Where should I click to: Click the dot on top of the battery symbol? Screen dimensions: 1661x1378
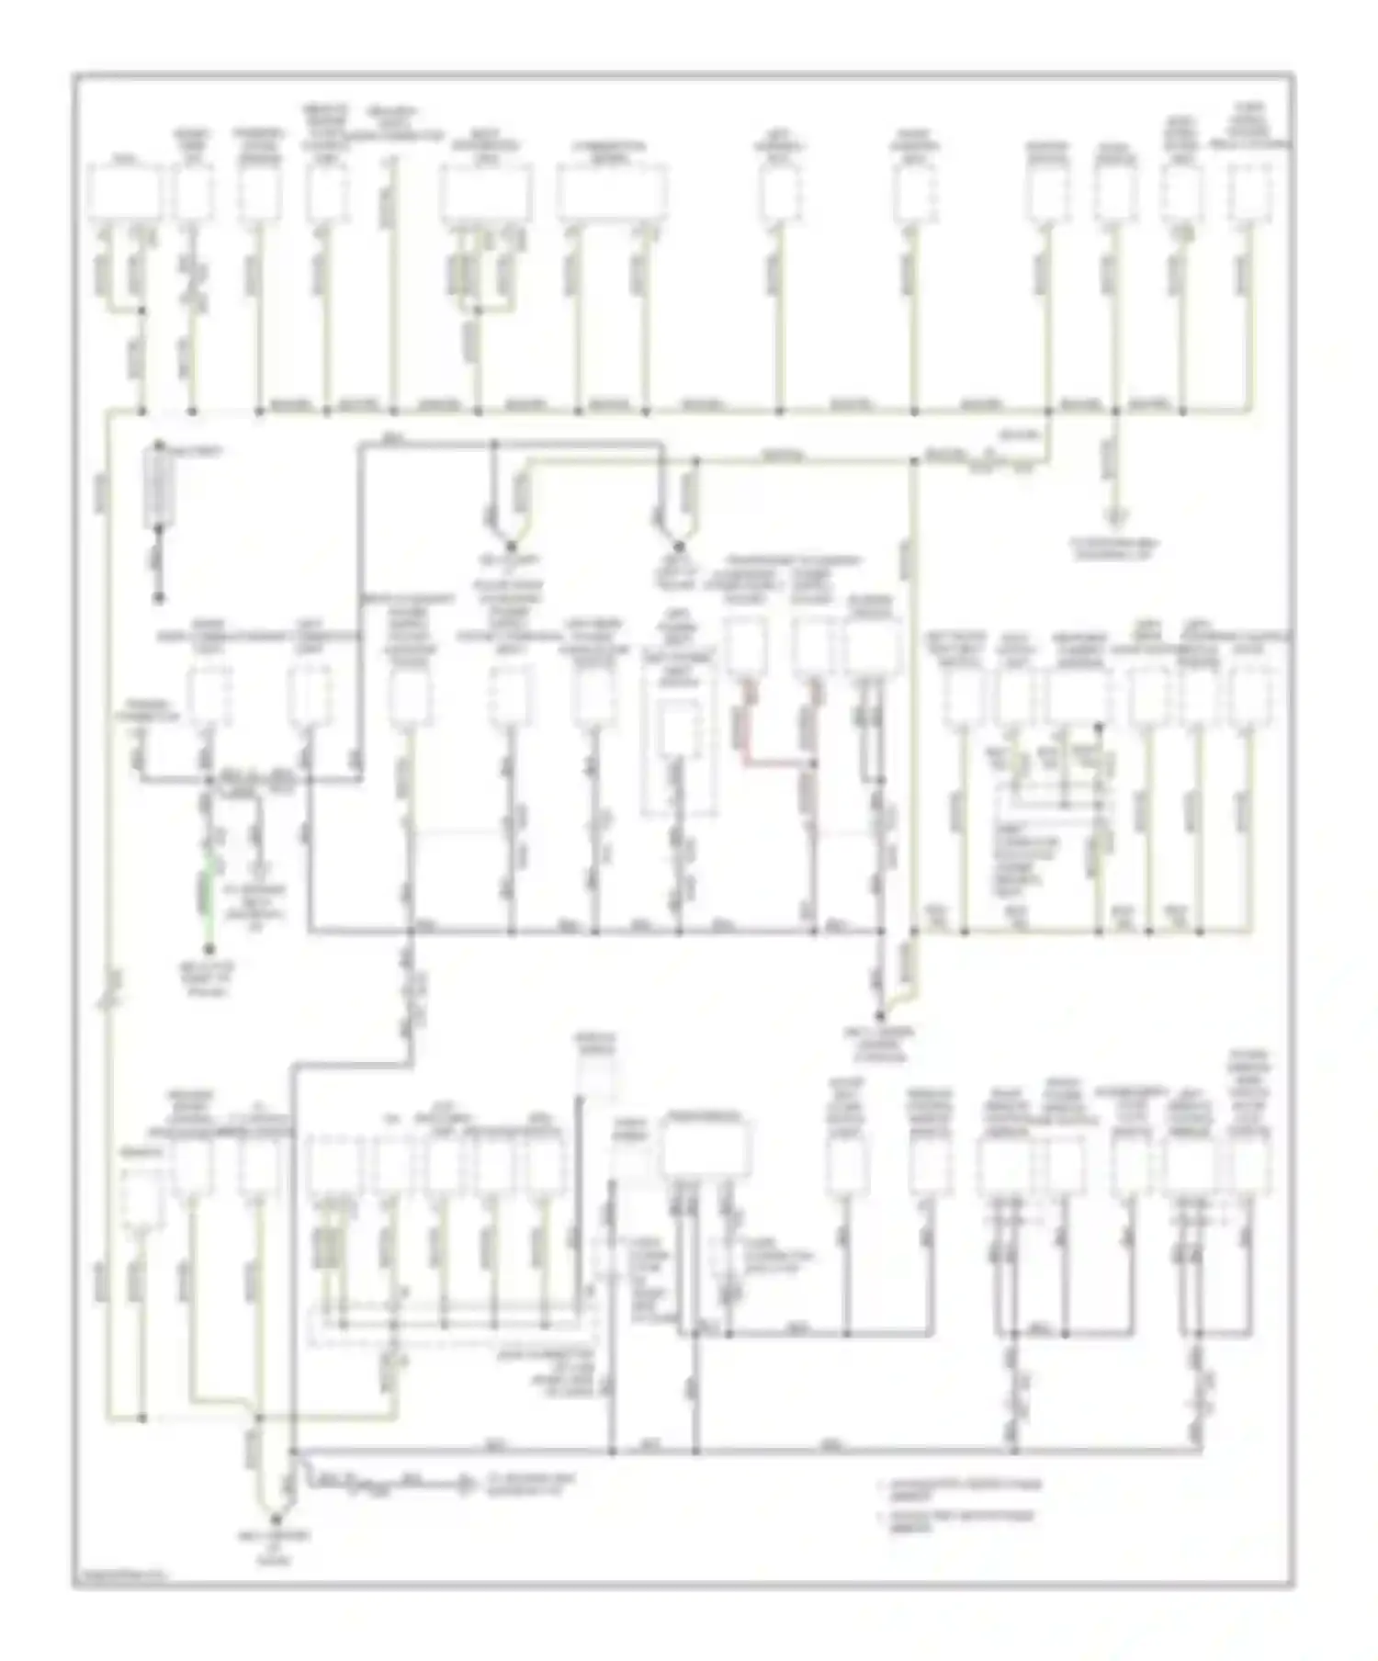[x=160, y=446]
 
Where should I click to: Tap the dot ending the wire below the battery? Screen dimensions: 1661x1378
[x=160, y=599]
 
